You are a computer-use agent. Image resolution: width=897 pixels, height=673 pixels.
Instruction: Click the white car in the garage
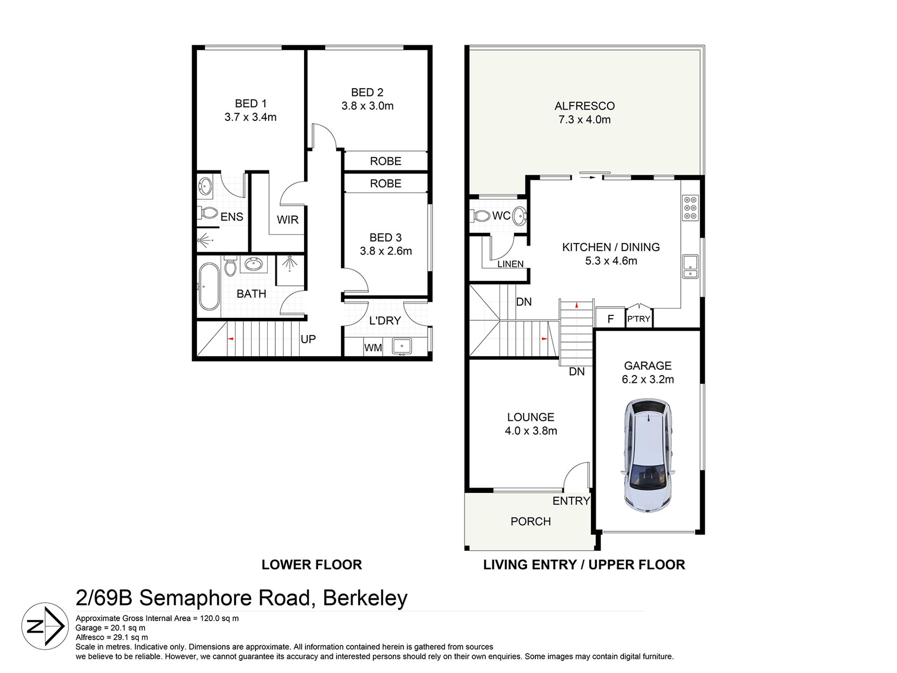(x=648, y=455)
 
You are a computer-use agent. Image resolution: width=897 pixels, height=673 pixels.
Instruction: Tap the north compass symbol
(x=45, y=626)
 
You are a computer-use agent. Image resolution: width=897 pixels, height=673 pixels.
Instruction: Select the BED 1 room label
(x=251, y=103)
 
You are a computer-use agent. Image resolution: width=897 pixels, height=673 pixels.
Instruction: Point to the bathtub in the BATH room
(x=209, y=286)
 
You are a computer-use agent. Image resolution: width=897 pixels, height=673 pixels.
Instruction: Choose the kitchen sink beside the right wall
(x=690, y=266)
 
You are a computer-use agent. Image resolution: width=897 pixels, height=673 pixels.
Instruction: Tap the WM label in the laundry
(x=373, y=348)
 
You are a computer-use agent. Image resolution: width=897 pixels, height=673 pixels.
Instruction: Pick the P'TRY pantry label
(x=639, y=319)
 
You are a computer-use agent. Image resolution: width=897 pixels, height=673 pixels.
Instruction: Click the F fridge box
(x=610, y=318)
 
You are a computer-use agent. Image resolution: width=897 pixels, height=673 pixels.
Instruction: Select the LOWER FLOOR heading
(x=312, y=565)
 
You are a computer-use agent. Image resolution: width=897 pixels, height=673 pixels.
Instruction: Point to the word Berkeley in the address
(x=365, y=598)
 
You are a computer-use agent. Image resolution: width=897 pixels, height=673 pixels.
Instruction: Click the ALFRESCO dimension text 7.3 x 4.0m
(x=584, y=120)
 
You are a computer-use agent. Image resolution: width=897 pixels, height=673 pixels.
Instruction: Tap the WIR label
(x=288, y=220)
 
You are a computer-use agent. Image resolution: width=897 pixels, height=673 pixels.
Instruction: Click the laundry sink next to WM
(x=402, y=346)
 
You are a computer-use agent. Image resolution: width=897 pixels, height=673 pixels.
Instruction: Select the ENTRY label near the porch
(x=571, y=501)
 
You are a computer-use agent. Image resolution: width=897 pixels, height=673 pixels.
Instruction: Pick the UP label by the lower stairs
(x=308, y=339)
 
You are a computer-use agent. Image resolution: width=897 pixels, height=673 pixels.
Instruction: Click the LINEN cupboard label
(x=510, y=264)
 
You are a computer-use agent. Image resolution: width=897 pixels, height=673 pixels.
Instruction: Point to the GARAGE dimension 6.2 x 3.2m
(x=648, y=380)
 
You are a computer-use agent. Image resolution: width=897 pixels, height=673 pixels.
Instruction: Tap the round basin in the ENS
(x=205, y=186)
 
